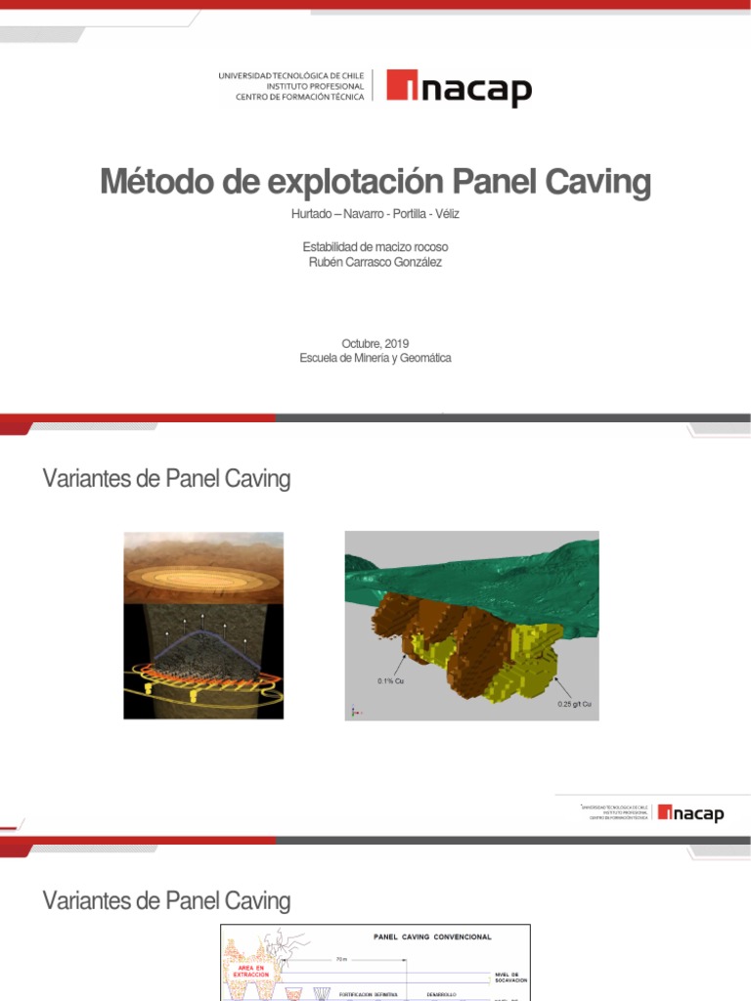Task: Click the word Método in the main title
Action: tap(153, 183)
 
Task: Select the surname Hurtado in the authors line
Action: tap(313, 214)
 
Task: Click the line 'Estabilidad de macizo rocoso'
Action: tap(375, 247)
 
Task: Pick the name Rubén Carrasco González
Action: tap(375, 262)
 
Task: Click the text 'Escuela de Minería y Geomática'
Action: tap(375, 358)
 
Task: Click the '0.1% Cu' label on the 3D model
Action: tap(391, 680)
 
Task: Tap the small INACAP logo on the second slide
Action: tap(690, 812)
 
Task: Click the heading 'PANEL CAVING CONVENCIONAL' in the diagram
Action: tap(432, 936)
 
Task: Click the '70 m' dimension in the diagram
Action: tap(339, 959)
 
